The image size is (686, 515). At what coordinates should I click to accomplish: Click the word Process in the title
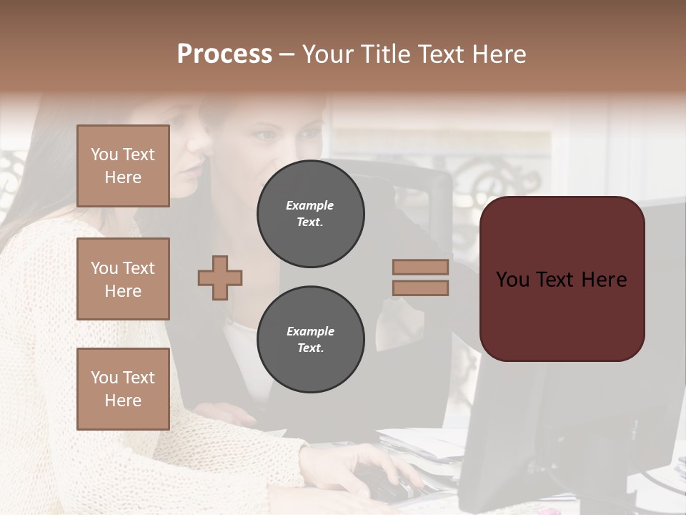[224, 54]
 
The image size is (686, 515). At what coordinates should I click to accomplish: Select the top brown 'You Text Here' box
[123, 166]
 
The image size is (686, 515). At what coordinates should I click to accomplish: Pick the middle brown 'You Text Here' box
[123, 279]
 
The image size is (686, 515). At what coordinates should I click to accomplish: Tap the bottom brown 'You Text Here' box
[123, 389]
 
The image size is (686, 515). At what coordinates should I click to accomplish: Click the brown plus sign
[220, 278]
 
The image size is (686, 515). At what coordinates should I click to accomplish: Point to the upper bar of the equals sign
[420, 267]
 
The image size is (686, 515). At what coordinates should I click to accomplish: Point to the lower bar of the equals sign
[420, 288]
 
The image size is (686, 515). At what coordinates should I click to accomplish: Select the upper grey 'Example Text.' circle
[311, 214]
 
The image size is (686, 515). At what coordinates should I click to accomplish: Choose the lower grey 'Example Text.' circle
[311, 340]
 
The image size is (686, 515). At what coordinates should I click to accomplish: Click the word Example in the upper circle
[310, 205]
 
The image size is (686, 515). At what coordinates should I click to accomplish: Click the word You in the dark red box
[513, 280]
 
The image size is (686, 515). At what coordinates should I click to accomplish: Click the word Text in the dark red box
[557, 280]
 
